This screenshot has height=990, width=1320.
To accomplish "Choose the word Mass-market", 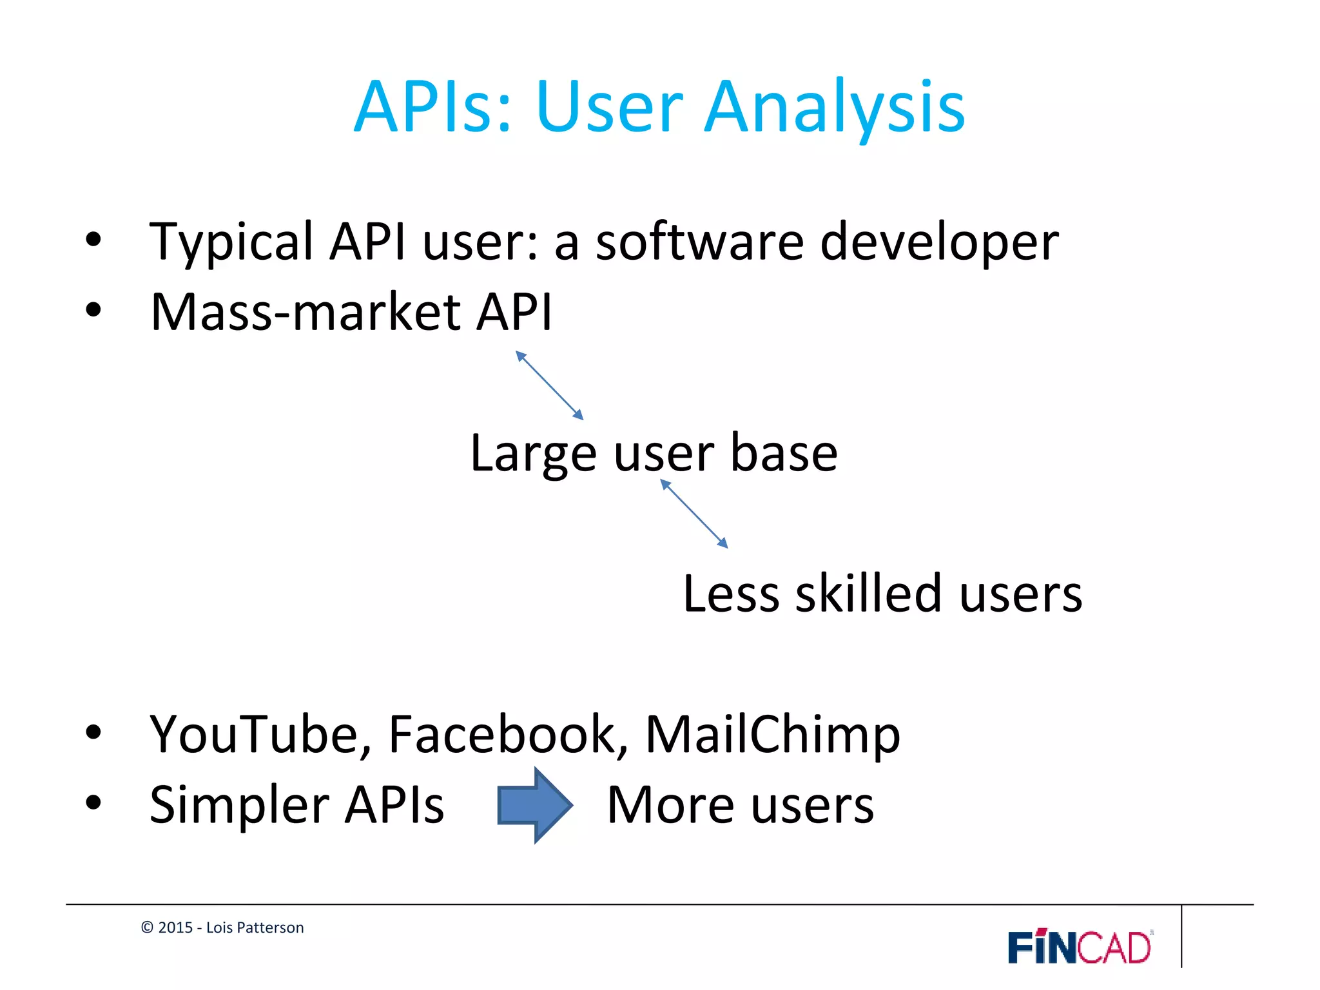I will (x=306, y=312).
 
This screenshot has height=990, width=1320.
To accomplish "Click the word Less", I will (x=731, y=594).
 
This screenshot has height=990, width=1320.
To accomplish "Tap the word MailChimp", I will (x=772, y=735).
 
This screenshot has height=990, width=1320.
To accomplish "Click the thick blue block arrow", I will (x=534, y=805).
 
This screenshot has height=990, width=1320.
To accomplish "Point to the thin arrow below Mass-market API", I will (x=549, y=385).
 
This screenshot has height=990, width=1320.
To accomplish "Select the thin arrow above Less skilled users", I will (x=694, y=514).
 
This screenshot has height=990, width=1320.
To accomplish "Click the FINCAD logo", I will (x=1080, y=947).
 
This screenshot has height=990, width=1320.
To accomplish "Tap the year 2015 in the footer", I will (x=175, y=927).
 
